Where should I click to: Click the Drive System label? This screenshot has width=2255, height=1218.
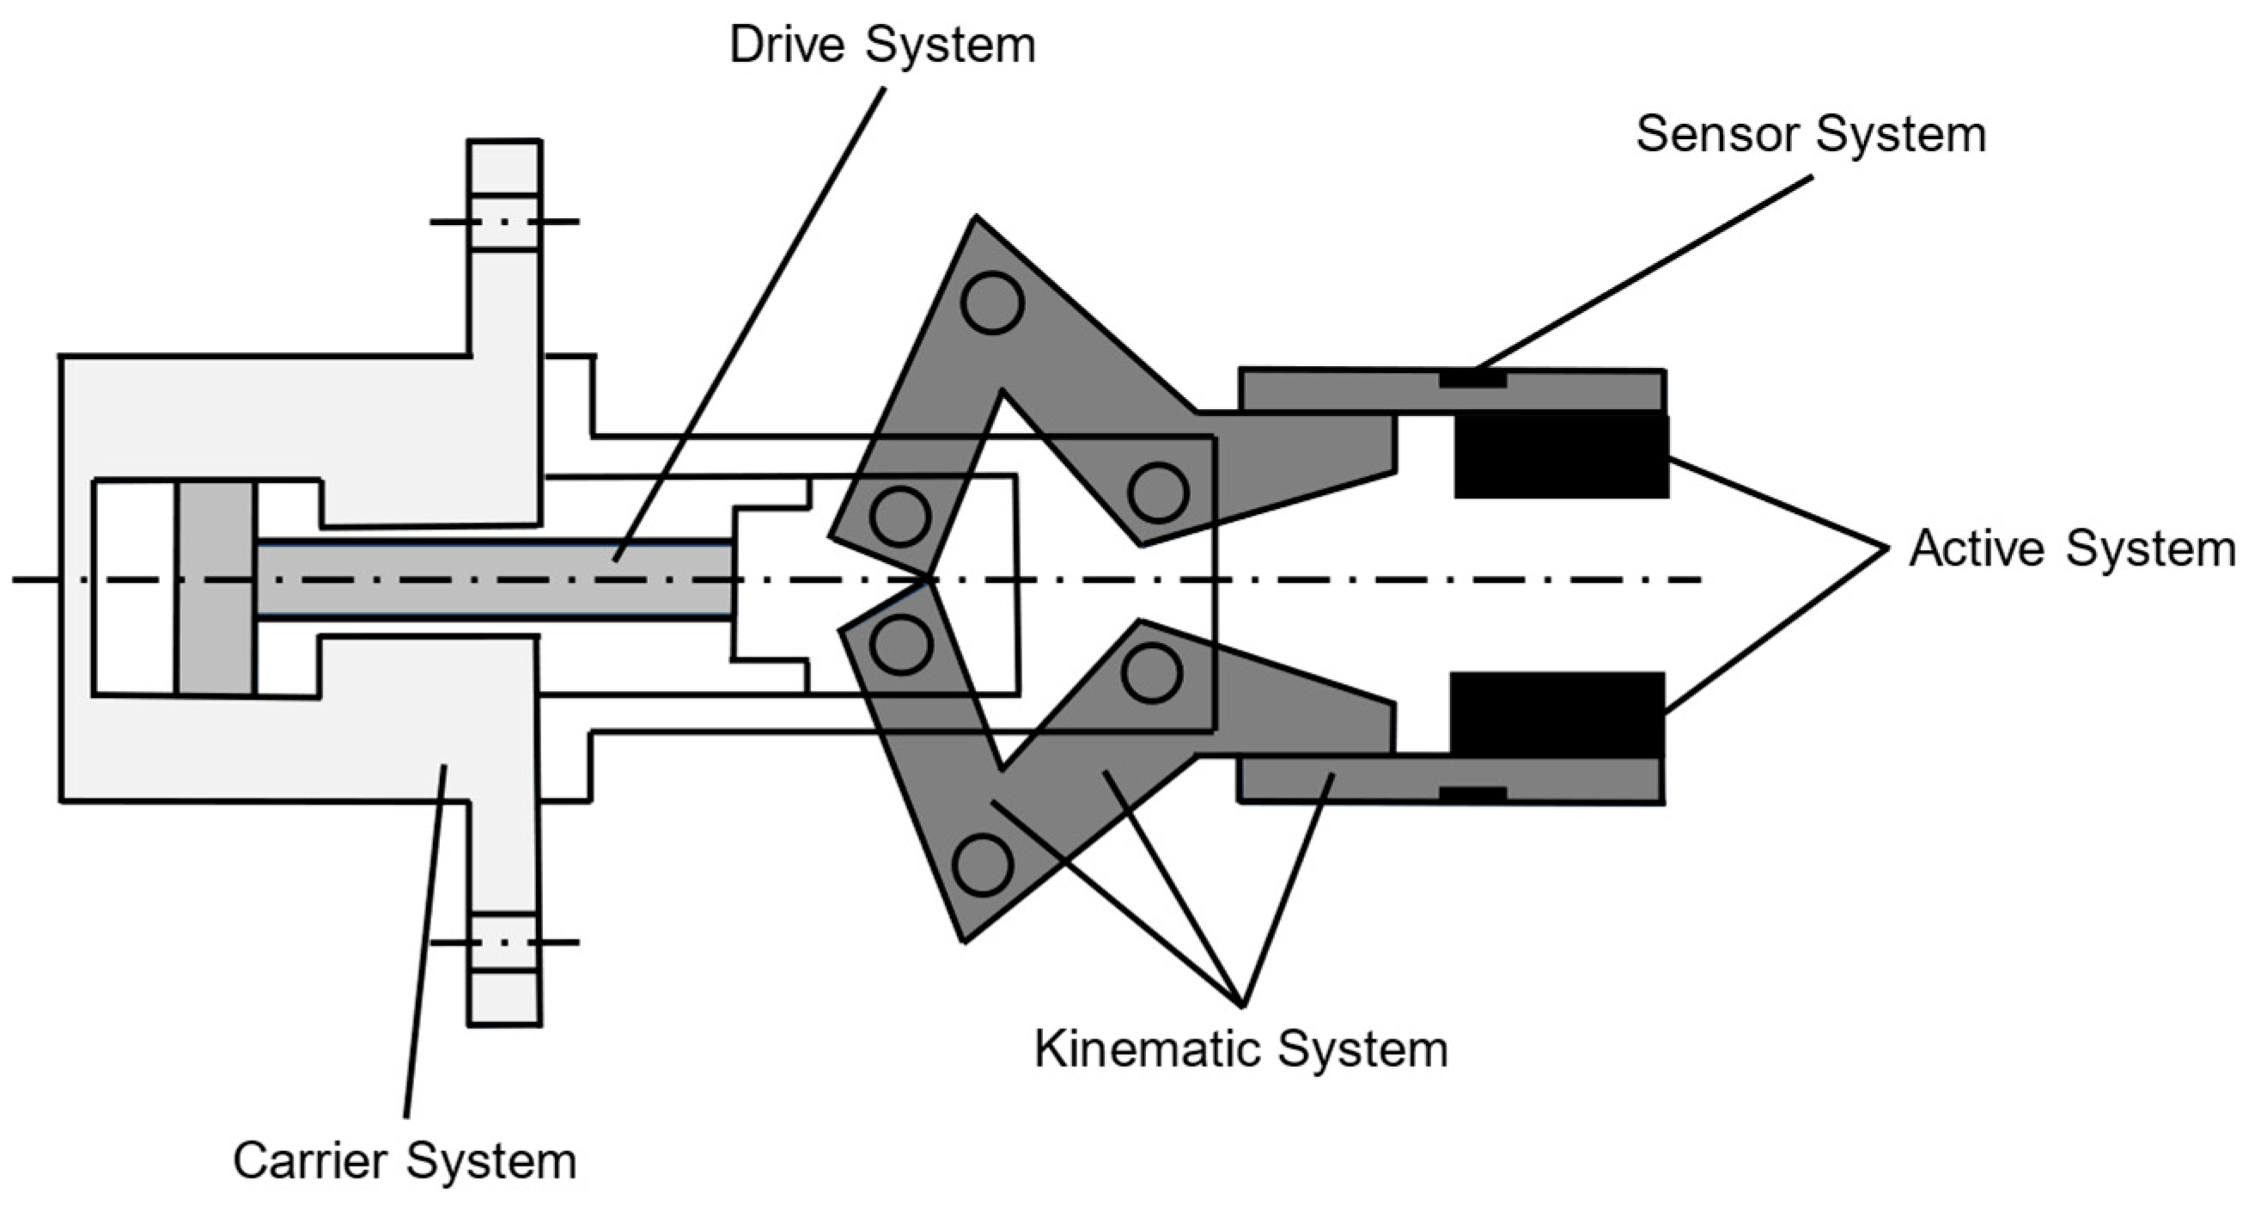click(x=881, y=46)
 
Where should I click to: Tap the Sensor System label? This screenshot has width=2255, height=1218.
click(x=1810, y=136)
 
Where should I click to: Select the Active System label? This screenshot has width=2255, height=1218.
click(x=2071, y=550)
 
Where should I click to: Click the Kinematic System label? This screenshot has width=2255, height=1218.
click(x=1240, y=1049)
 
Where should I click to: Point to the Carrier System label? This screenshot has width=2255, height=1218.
click(x=405, y=1162)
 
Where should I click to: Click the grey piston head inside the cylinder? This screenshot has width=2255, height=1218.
click(x=216, y=589)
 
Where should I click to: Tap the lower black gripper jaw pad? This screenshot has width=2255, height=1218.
click(x=1557, y=714)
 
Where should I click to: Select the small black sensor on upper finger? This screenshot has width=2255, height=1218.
click(x=1472, y=380)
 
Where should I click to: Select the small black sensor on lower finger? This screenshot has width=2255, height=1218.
click(x=1472, y=794)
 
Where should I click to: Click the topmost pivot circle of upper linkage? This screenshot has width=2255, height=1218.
click(x=992, y=303)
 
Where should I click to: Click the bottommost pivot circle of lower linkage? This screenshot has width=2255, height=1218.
click(x=982, y=865)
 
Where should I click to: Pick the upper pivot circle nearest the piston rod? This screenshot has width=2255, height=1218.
click(x=900, y=516)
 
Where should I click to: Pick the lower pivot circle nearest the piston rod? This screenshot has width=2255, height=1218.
click(x=901, y=645)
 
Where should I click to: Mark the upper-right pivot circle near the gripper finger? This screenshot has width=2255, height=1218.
click(x=1157, y=493)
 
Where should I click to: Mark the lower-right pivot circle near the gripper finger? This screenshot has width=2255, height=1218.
click(x=1152, y=673)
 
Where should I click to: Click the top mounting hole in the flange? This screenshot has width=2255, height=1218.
click(x=504, y=222)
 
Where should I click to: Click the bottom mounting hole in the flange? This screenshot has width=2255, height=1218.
click(x=504, y=942)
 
